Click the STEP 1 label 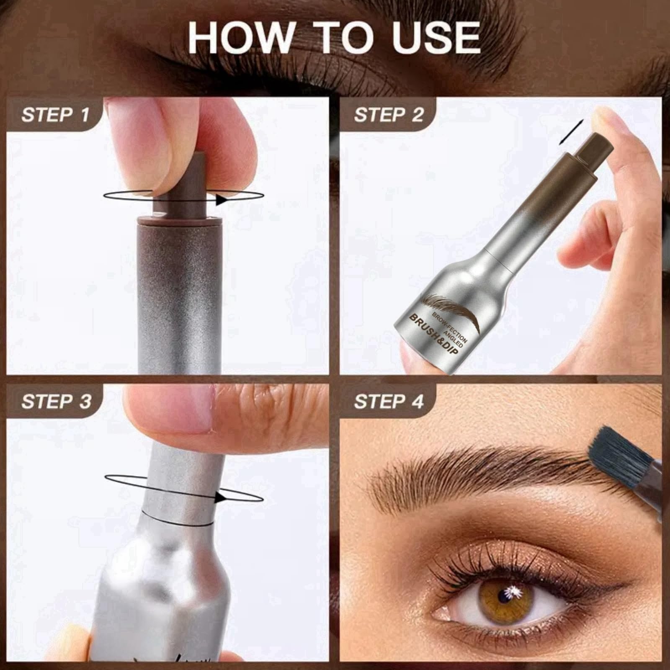click(56, 114)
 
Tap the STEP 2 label click(389, 114)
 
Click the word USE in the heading click(437, 37)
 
